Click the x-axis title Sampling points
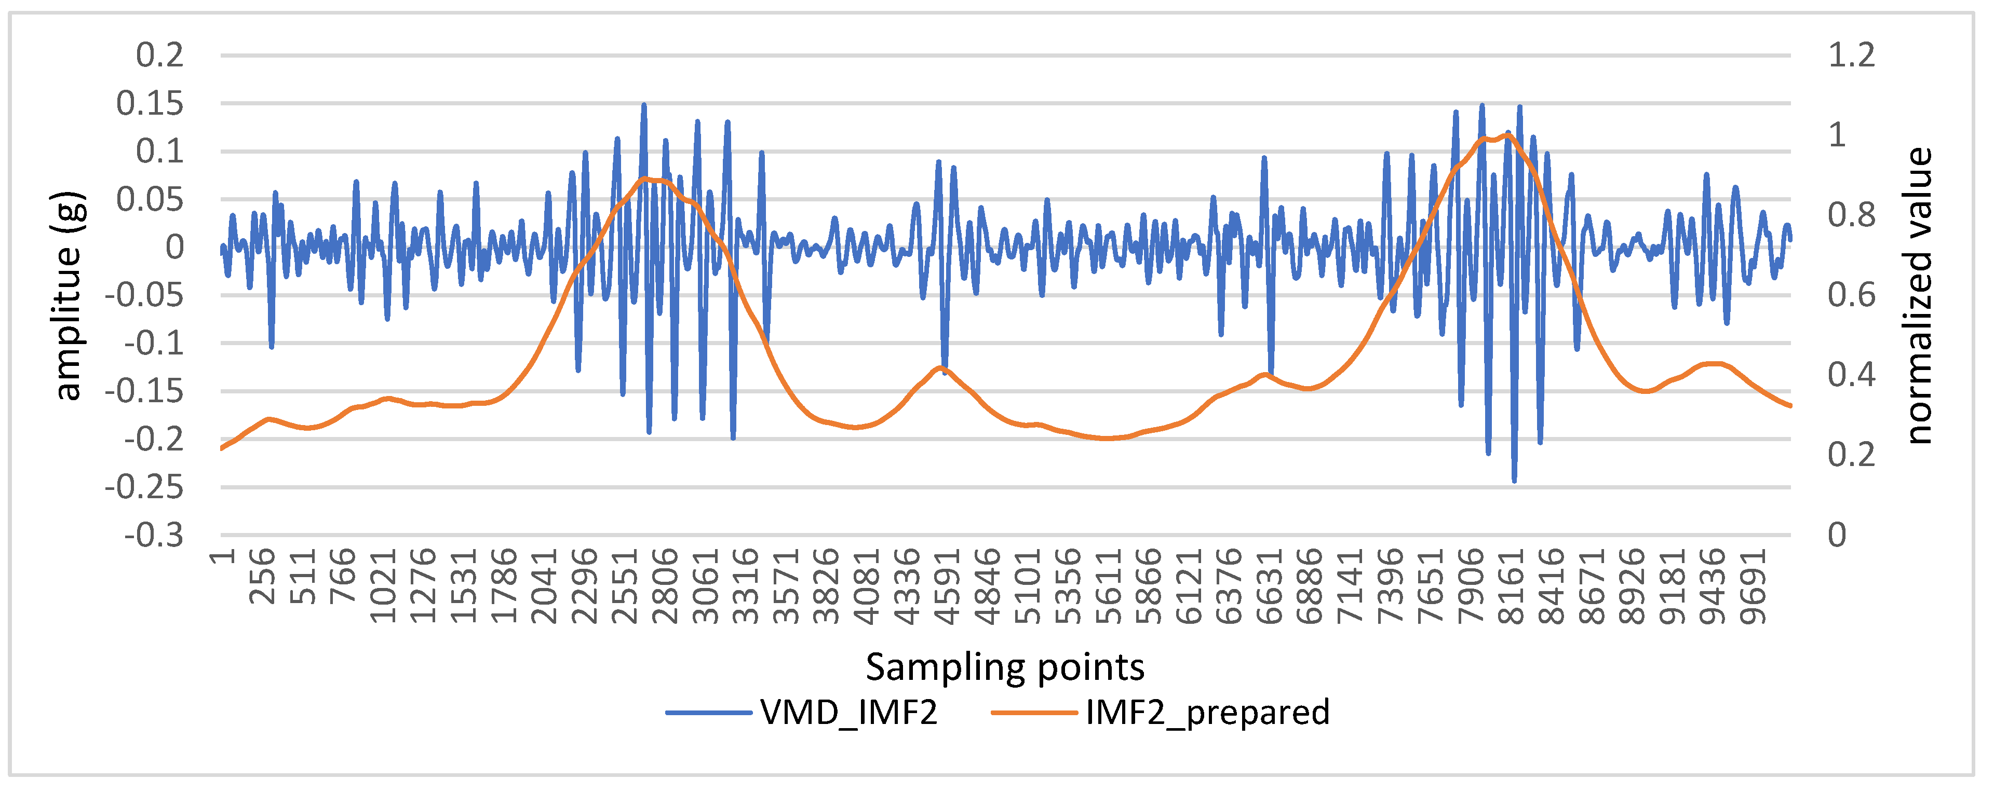click(1005, 667)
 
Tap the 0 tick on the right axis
click(1837, 535)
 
